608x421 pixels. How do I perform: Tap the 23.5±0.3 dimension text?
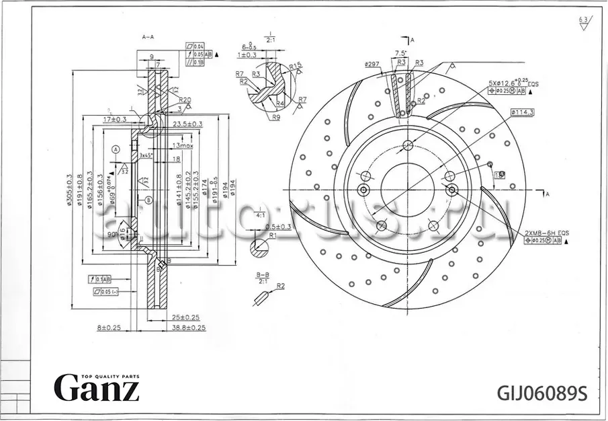tap(187, 124)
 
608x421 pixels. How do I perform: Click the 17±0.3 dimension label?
tap(115, 120)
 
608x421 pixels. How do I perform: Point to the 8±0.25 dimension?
tap(108, 328)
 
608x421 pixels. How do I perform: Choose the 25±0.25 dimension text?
tap(185, 317)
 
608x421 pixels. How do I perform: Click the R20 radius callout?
tap(185, 100)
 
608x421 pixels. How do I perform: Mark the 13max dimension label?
tap(182, 145)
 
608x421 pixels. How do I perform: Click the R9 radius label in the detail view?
tap(275, 116)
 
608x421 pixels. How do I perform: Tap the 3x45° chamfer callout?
tap(146, 155)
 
